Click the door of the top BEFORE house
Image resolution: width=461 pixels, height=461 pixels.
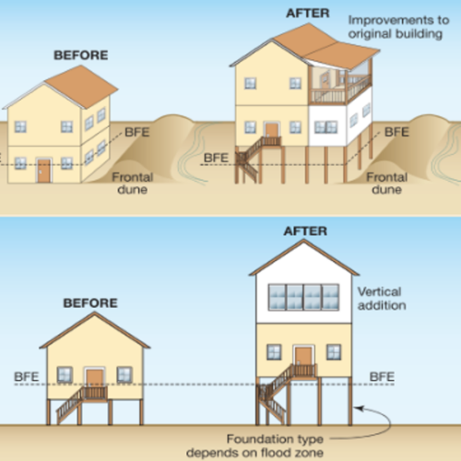click(44, 171)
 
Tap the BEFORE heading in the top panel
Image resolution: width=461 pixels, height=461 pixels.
click(81, 55)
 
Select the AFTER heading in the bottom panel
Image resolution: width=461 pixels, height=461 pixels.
click(305, 231)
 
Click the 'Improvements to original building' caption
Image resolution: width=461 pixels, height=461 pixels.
click(398, 27)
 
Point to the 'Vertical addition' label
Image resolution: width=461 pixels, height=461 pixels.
click(382, 299)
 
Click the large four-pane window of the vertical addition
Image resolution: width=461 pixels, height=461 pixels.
click(303, 297)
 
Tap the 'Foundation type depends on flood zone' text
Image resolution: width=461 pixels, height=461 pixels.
click(254, 445)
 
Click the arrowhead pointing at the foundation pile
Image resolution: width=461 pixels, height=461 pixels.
click(359, 408)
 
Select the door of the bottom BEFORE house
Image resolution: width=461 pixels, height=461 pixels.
click(95, 379)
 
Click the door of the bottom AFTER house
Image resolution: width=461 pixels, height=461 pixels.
click(303, 356)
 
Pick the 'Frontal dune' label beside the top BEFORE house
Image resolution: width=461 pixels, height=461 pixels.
click(133, 183)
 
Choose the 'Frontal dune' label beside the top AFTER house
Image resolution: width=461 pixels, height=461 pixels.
click(387, 183)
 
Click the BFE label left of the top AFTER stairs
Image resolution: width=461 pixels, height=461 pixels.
click(216, 158)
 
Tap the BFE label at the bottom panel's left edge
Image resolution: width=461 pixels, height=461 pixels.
click(27, 377)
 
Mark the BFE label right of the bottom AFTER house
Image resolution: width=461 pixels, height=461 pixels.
click(382, 377)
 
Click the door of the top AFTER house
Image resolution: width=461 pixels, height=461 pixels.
click(272, 130)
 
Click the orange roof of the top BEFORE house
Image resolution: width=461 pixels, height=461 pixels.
click(81, 86)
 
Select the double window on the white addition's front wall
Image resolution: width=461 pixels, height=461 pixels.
click(325, 127)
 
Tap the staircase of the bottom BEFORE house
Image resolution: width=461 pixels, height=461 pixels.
click(69, 406)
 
